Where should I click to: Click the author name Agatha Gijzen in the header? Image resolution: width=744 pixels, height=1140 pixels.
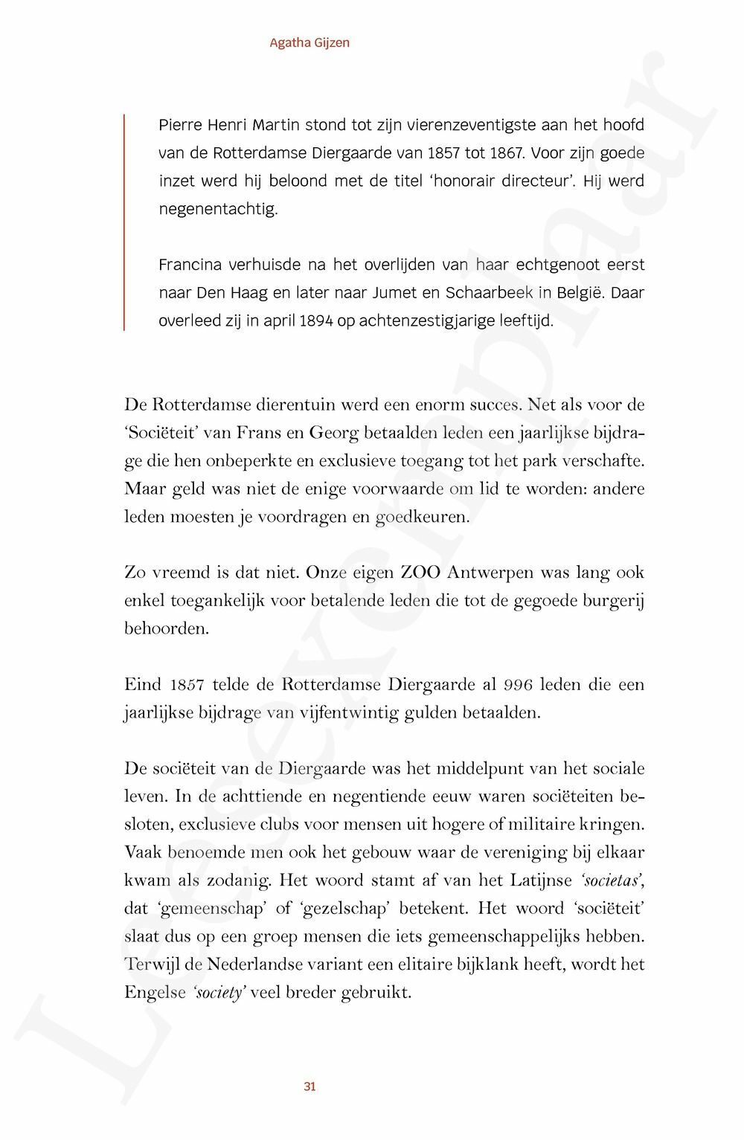click(310, 42)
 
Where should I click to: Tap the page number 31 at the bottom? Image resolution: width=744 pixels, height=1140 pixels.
click(310, 1086)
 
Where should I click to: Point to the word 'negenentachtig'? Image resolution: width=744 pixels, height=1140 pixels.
click(218, 209)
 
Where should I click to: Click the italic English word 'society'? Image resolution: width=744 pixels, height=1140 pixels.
click(219, 993)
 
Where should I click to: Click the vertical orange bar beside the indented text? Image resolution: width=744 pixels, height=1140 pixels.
click(124, 222)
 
